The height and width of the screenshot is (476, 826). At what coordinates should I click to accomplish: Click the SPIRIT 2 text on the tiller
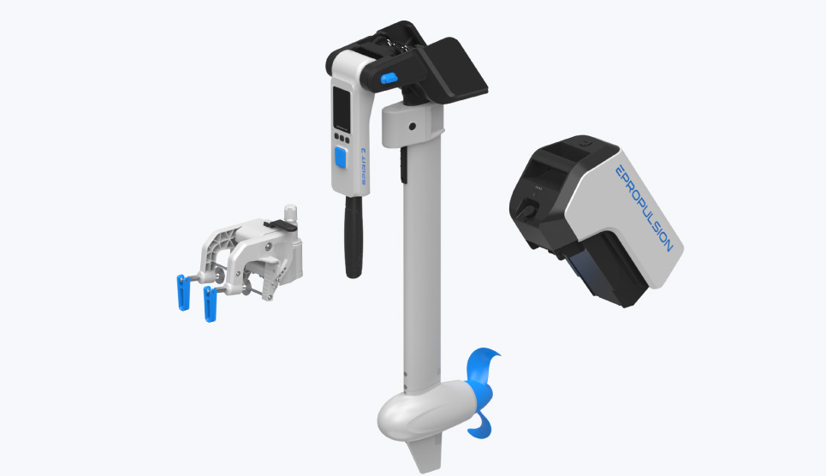click(364, 167)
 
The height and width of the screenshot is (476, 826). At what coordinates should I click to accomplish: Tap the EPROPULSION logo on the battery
click(645, 209)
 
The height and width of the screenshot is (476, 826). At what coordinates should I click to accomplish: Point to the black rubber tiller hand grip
click(354, 236)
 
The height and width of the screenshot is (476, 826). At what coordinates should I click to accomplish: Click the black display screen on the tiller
click(342, 109)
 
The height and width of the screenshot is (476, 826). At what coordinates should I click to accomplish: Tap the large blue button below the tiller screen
click(341, 158)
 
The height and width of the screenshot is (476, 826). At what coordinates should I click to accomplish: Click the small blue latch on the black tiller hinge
click(389, 79)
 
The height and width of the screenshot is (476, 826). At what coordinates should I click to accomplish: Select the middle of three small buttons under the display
click(342, 139)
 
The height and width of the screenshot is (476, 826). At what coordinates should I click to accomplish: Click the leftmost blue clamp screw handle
click(183, 293)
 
